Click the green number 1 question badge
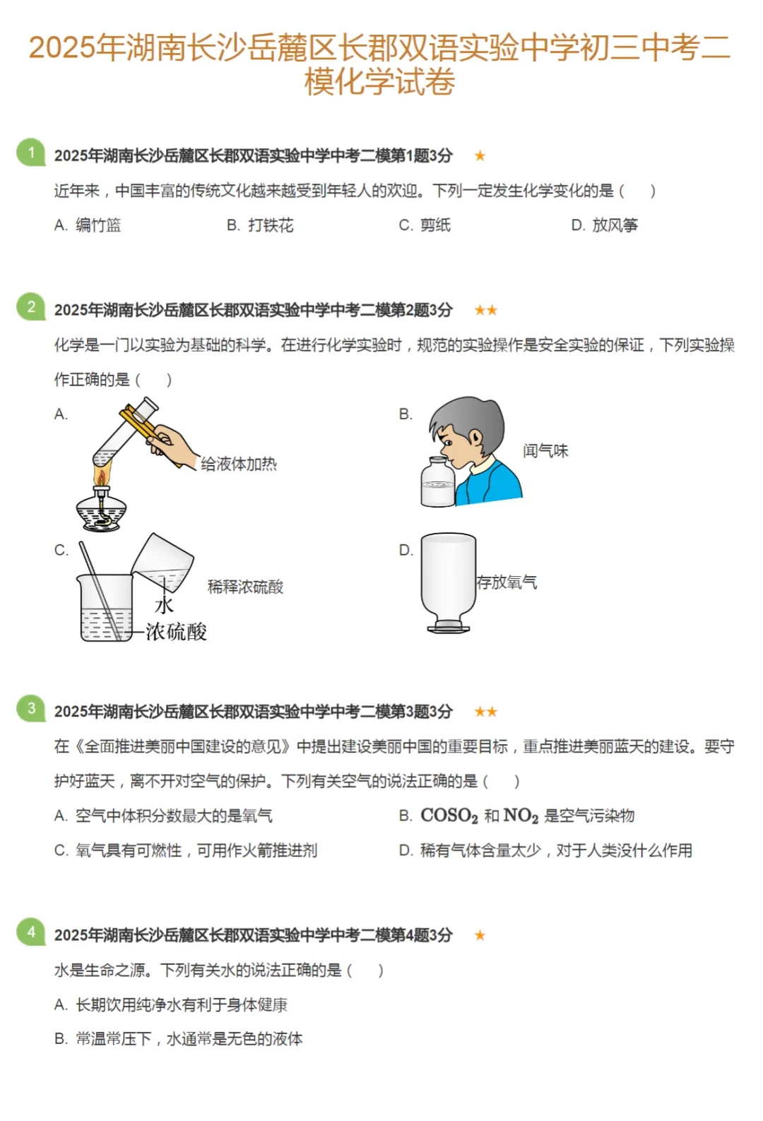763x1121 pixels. [x=31, y=152]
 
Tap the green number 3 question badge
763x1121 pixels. [x=31, y=708]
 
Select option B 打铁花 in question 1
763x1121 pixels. [x=260, y=225]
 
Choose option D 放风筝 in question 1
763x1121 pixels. [x=605, y=225]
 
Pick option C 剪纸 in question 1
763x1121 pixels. [x=425, y=225]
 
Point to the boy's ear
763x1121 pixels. [x=476, y=438]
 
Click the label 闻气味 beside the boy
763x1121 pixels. [x=545, y=451]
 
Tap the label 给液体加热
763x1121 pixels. [x=239, y=464]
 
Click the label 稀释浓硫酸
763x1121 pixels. [x=245, y=587]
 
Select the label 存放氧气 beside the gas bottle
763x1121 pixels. [x=507, y=582]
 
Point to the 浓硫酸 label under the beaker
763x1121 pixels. [x=177, y=632]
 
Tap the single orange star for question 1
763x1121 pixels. [x=480, y=155]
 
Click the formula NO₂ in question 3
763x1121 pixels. [x=521, y=816]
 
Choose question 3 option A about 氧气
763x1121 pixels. [x=163, y=816]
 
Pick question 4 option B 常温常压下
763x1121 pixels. [x=178, y=1038]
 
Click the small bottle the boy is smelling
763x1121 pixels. [x=438, y=481]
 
